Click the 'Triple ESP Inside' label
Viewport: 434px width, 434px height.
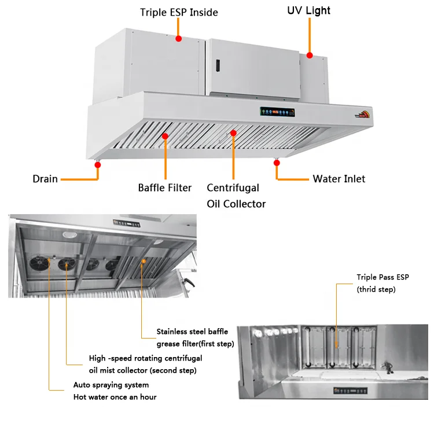(179, 12)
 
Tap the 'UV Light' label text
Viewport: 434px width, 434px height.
(309, 10)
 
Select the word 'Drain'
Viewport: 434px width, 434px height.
(45, 179)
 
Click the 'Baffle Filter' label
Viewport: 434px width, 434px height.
(165, 187)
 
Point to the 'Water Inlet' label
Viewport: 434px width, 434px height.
(339, 179)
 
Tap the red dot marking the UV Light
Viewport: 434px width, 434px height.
(310, 56)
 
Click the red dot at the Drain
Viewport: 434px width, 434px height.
(98, 165)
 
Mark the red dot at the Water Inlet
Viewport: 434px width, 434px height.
(277, 164)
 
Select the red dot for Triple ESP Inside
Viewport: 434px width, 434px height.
(179, 39)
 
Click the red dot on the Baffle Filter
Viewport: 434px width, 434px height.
(165, 137)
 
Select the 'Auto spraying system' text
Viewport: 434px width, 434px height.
(111, 385)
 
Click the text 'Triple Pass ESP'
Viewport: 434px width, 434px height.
(382, 278)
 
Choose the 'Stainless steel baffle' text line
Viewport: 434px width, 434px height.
(192, 332)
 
